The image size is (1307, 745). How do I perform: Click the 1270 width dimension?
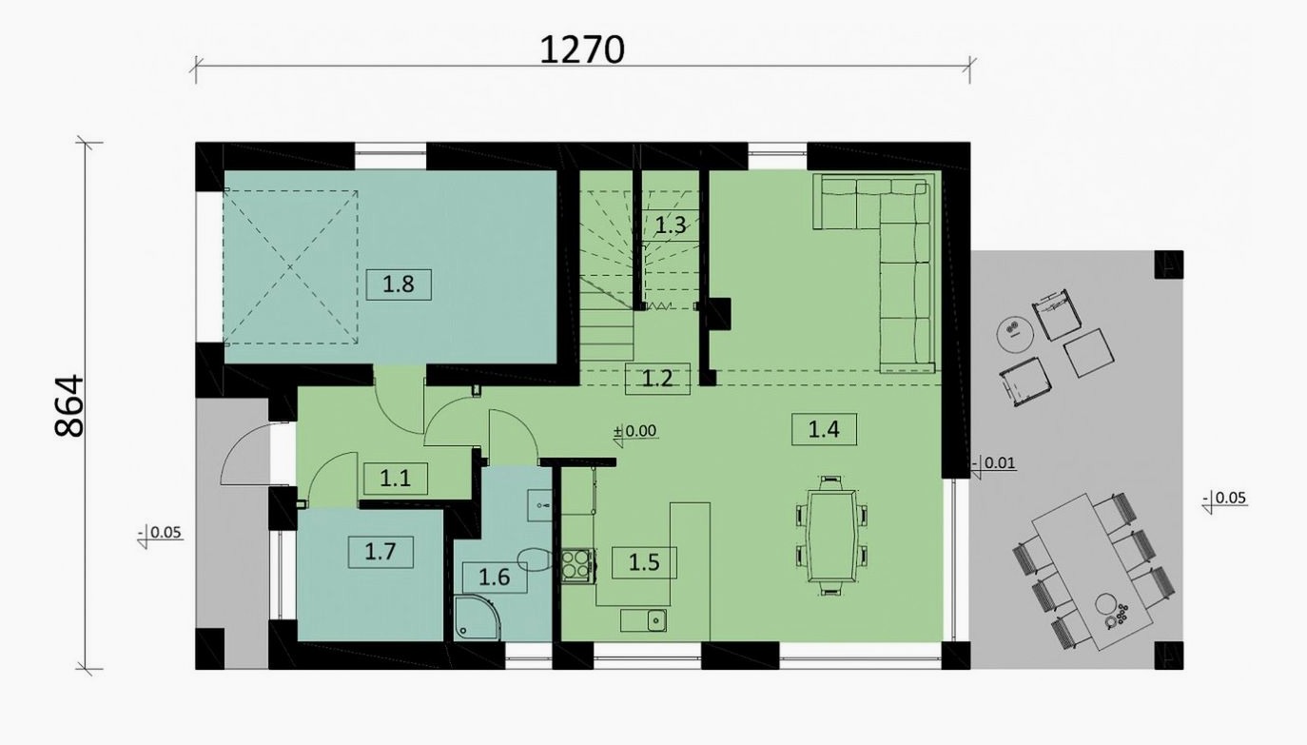tap(582, 50)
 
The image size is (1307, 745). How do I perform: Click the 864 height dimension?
tap(69, 406)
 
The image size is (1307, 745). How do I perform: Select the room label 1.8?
tap(399, 284)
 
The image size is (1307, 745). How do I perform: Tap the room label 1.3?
tap(671, 225)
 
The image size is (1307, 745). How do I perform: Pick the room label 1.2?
tap(657, 379)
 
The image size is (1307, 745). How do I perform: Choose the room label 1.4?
tap(824, 429)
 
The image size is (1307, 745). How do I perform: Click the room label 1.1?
tap(395, 479)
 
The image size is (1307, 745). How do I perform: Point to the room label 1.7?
tap(380, 552)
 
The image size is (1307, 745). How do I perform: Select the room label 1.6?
tap(495, 578)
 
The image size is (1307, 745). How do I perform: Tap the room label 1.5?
tap(644, 562)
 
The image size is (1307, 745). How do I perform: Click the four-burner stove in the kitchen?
tap(578, 566)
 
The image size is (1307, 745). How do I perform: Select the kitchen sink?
tap(644, 620)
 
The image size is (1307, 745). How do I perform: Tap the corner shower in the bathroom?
tap(477, 618)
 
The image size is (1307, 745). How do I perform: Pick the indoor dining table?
tap(831, 536)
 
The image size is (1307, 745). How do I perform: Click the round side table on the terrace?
tap(1015, 334)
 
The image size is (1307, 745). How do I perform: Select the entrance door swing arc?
tap(241, 449)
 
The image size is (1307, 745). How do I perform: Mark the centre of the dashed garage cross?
tap(290, 267)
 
